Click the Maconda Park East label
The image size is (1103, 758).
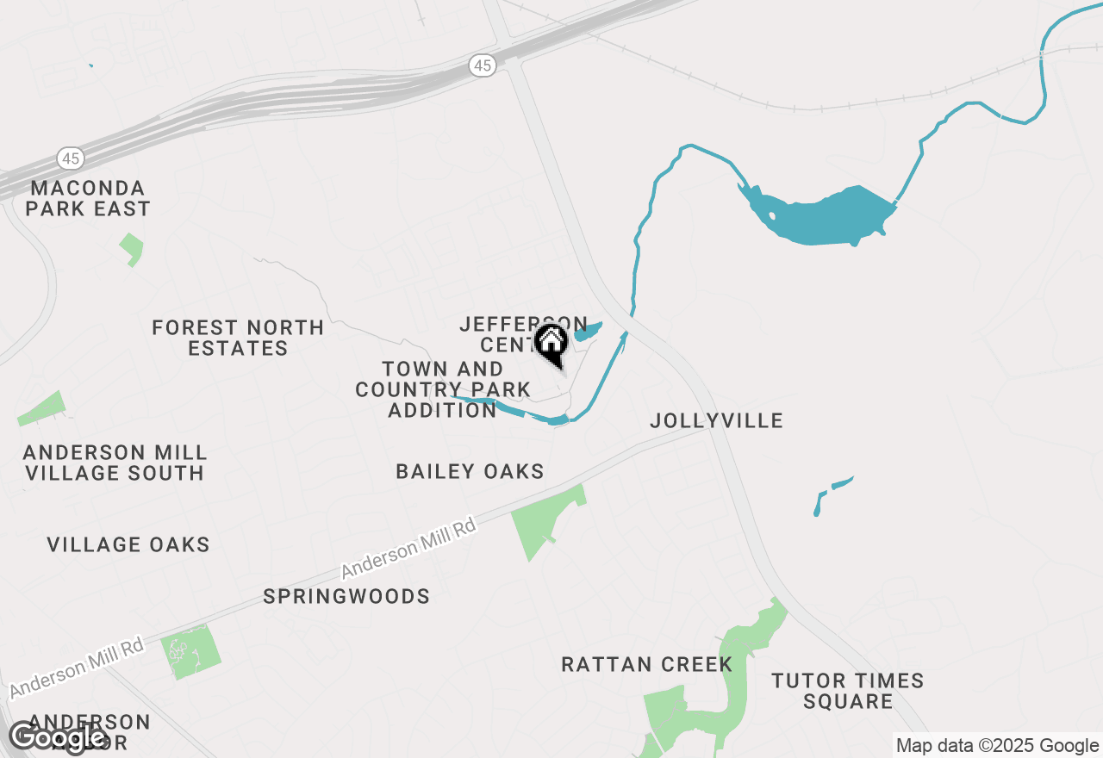pos(88,198)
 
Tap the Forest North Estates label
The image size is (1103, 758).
pos(238,338)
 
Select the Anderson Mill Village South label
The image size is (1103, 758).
pos(115,463)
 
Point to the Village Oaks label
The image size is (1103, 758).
pos(128,544)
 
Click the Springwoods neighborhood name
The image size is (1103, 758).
pos(346,596)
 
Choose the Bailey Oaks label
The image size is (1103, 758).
pos(470,471)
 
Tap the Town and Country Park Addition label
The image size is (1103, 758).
pos(442,389)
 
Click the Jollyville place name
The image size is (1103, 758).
pos(716,420)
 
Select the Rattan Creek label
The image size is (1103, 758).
pos(646,664)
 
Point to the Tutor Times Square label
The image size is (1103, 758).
pos(848,691)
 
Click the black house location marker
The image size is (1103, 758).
pos(551,343)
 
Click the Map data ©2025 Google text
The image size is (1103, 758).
pos(997,746)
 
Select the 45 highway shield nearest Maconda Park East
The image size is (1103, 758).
pos(71,158)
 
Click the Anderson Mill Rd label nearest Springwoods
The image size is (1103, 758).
pos(408,548)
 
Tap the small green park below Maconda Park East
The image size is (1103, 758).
pos(132,249)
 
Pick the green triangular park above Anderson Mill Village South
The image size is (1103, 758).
pos(43,409)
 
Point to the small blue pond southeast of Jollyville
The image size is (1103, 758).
pos(831,492)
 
